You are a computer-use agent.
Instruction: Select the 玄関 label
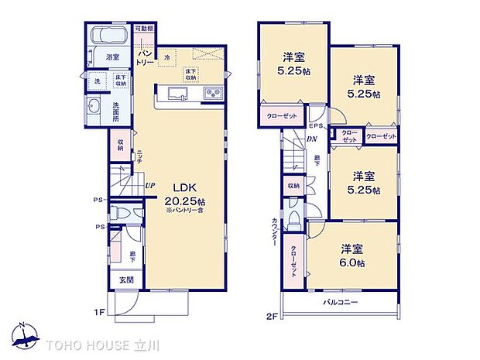coord(126,279)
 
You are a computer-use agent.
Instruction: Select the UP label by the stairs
coord(149,187)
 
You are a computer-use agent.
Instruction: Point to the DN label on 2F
coord(311,139)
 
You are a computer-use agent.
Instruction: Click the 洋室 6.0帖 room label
coord(352,255)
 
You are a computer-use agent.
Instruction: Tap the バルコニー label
coord(341,303)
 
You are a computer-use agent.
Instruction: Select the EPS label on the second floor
coord(316,126)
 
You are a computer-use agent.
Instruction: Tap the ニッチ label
coord(138,155)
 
